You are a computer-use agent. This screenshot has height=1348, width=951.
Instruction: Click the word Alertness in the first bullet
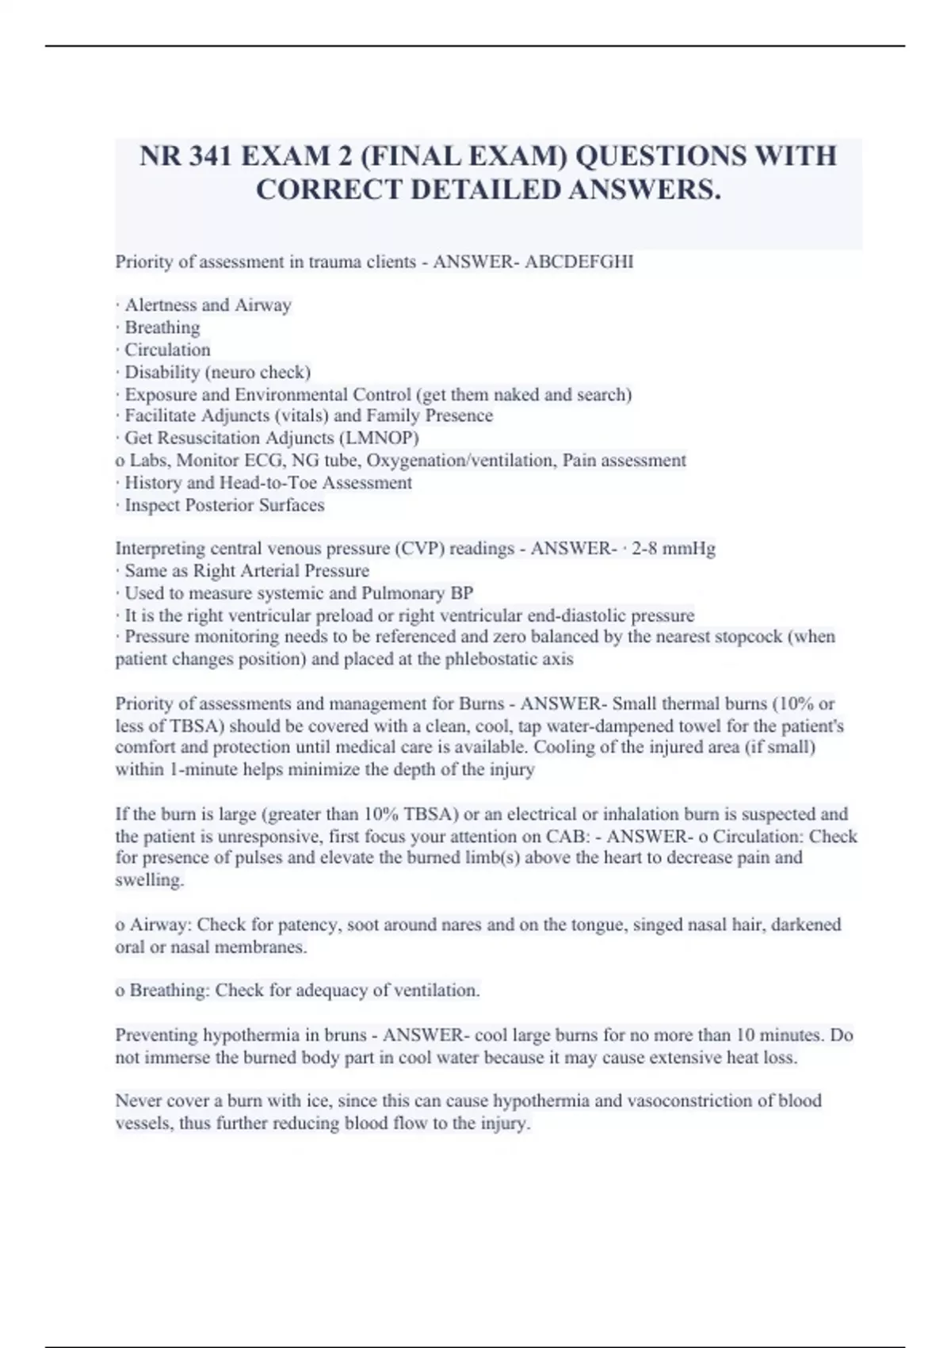162,305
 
